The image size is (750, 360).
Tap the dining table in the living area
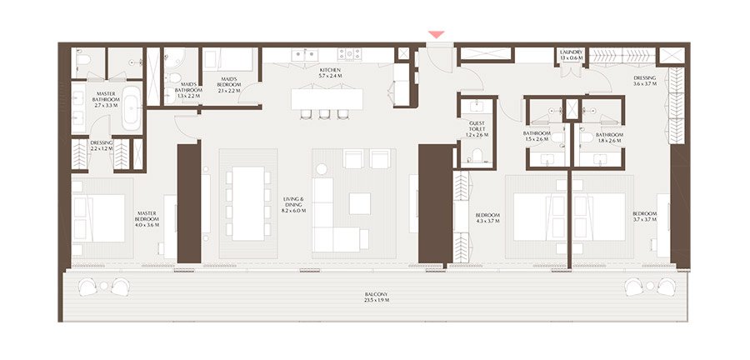click(x=249, y=202)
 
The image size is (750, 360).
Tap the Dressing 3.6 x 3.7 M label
click(x=645, y=81)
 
